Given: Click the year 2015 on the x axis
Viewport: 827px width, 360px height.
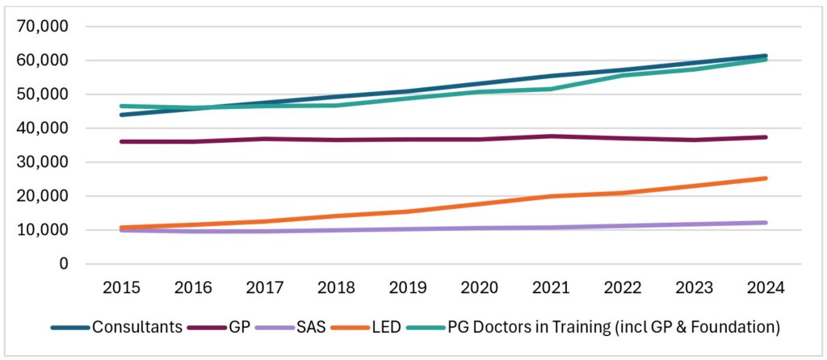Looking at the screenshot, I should (x=120, y=287).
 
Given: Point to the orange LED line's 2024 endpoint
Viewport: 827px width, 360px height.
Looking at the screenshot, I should (x=765, y=178).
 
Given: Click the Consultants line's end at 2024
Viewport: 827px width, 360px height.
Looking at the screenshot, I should (x=765, y=56).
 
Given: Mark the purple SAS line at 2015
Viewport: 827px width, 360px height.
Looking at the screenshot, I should (x=120, y=231).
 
